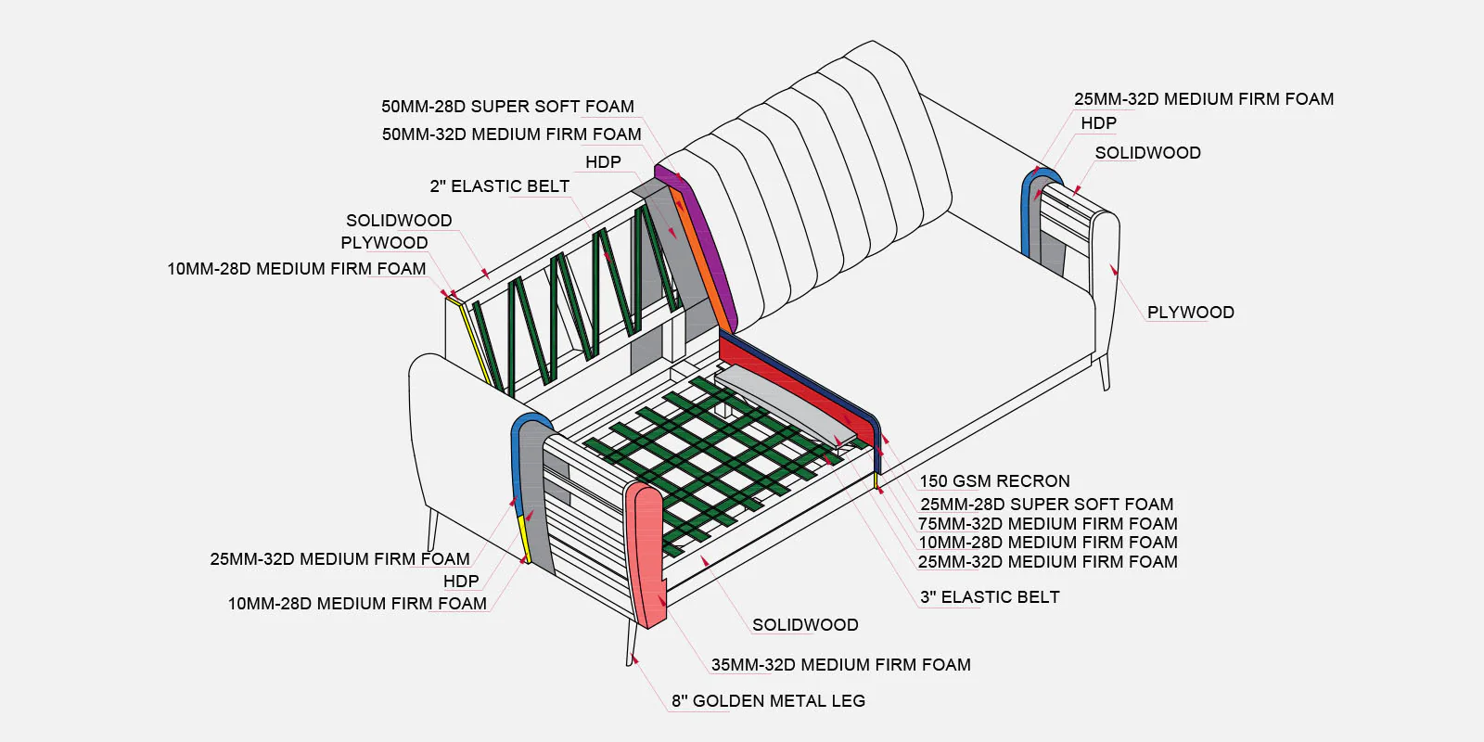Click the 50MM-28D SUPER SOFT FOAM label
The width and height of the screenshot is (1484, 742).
pyautogui.click(x=507, y=107)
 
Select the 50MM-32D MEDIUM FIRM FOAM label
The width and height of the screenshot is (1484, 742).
pyautogui.click(x=511, y=134)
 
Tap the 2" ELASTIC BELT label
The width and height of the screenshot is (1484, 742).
pyautogui.click(x=499, y=186)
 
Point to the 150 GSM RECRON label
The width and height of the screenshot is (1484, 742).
pyautogui.click(x=994, y=481)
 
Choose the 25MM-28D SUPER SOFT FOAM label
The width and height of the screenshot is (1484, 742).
pyautogui.click(x=1046, y=505)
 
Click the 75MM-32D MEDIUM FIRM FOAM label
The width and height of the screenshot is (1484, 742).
pyautogui.click(x=1047, y=524)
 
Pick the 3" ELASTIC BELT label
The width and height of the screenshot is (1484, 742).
pyautogui.click(x=989, y=597)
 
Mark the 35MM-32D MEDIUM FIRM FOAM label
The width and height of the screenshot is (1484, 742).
pyautogui.click(x=840, y=665)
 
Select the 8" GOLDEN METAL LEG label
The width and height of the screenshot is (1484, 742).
pyautogui.click(x=768, y=701)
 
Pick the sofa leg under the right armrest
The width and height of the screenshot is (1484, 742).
pyautogui.click(x=1104, y=371)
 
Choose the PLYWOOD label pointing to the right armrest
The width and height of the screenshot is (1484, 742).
pyautogui.click(x=1190, y=313)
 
